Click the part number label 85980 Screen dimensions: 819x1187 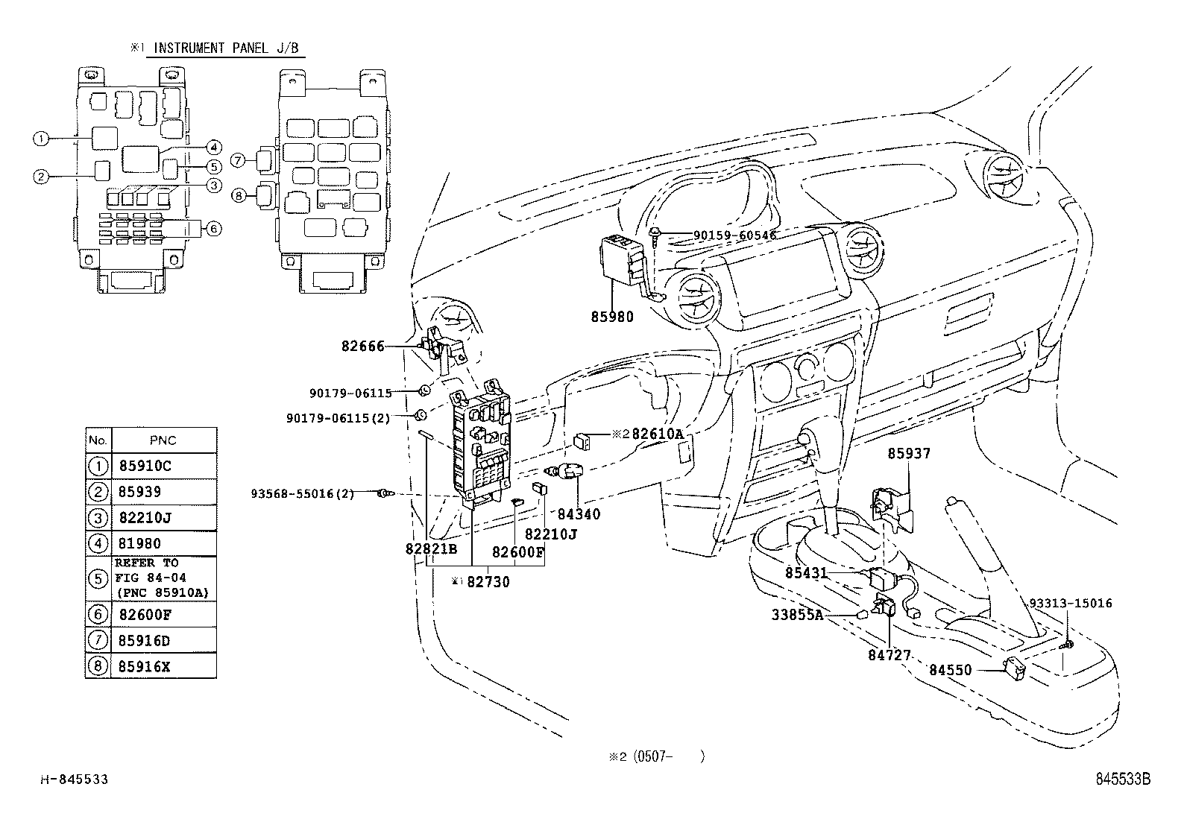pyautogui.click(x=611, y=317)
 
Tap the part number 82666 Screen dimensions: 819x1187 pyautogui.click(x=363, y=346)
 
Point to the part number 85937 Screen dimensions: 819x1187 pyautogui.click(x=908, y=453)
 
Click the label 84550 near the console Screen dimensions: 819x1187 pyautogui.click(x=950, y=670)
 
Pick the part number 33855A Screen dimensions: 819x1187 pyautogui.click(x=796, y=615)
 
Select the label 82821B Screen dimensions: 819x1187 pyautogui.click(x=431, y=548)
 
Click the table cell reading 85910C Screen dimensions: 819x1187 pyautogui.click(x=145, y=467)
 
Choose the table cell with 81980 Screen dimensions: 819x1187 pyautogui.click(x=139, y=543)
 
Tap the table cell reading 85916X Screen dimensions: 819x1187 pyautogui.click(x=144, y=666)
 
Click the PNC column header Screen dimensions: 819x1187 pyautogui.click(x=163, y=440)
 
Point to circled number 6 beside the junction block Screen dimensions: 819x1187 pyautogui.click(x=213, y=228)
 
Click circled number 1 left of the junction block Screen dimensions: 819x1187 pyautogui.click(x=41, y=139)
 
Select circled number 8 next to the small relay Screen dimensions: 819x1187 pyautogui.click(x=238, y=195)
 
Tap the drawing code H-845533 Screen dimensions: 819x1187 pyautogui.click(x=74, y=780)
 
